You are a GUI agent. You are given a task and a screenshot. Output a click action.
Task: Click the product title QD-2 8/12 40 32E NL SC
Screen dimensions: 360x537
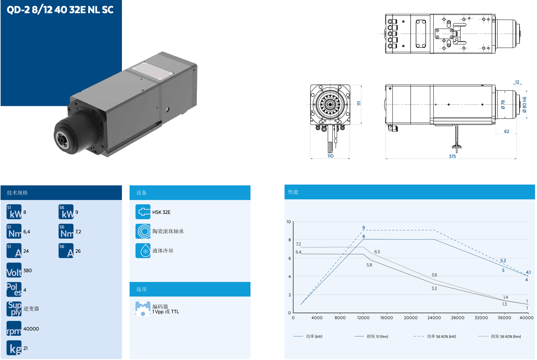tap(60, 10)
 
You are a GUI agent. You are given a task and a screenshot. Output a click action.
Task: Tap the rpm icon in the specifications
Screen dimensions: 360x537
tap(14, 328)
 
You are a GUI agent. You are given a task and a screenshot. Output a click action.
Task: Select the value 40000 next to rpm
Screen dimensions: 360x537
tap(31, 329)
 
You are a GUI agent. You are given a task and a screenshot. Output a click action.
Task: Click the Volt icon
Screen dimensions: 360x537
tap(14, 270)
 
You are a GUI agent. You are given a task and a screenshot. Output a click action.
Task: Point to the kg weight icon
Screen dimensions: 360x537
tap(14, 348)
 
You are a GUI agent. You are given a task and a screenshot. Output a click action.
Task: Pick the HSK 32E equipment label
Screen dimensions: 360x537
tap(161, 212)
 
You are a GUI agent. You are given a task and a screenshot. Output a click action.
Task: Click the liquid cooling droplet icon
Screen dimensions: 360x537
tap(143, 251)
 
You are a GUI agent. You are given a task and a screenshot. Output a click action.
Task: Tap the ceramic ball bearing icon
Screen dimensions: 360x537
tap(143, 231)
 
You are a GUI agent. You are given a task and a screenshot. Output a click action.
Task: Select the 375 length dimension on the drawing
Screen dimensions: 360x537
tap(452, 156)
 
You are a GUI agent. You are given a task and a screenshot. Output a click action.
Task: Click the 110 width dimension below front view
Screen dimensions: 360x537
tap(330, 156)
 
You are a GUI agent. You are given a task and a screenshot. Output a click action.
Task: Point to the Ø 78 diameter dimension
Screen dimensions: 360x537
tap(503, 105)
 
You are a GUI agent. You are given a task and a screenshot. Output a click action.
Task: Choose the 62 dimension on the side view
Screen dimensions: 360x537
tap(507, 131)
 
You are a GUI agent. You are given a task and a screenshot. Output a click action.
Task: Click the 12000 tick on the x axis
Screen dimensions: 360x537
tap(363, 318)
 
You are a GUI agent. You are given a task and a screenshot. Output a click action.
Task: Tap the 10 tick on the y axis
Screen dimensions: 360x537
tap(289, 222)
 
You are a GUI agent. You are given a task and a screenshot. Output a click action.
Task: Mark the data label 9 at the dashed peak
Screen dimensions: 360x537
tap(364, 228)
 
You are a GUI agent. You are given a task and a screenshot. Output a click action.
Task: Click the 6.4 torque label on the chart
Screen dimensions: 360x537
tap(298, 252)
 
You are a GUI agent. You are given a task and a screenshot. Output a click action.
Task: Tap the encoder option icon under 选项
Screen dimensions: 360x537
tap(143, 309)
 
